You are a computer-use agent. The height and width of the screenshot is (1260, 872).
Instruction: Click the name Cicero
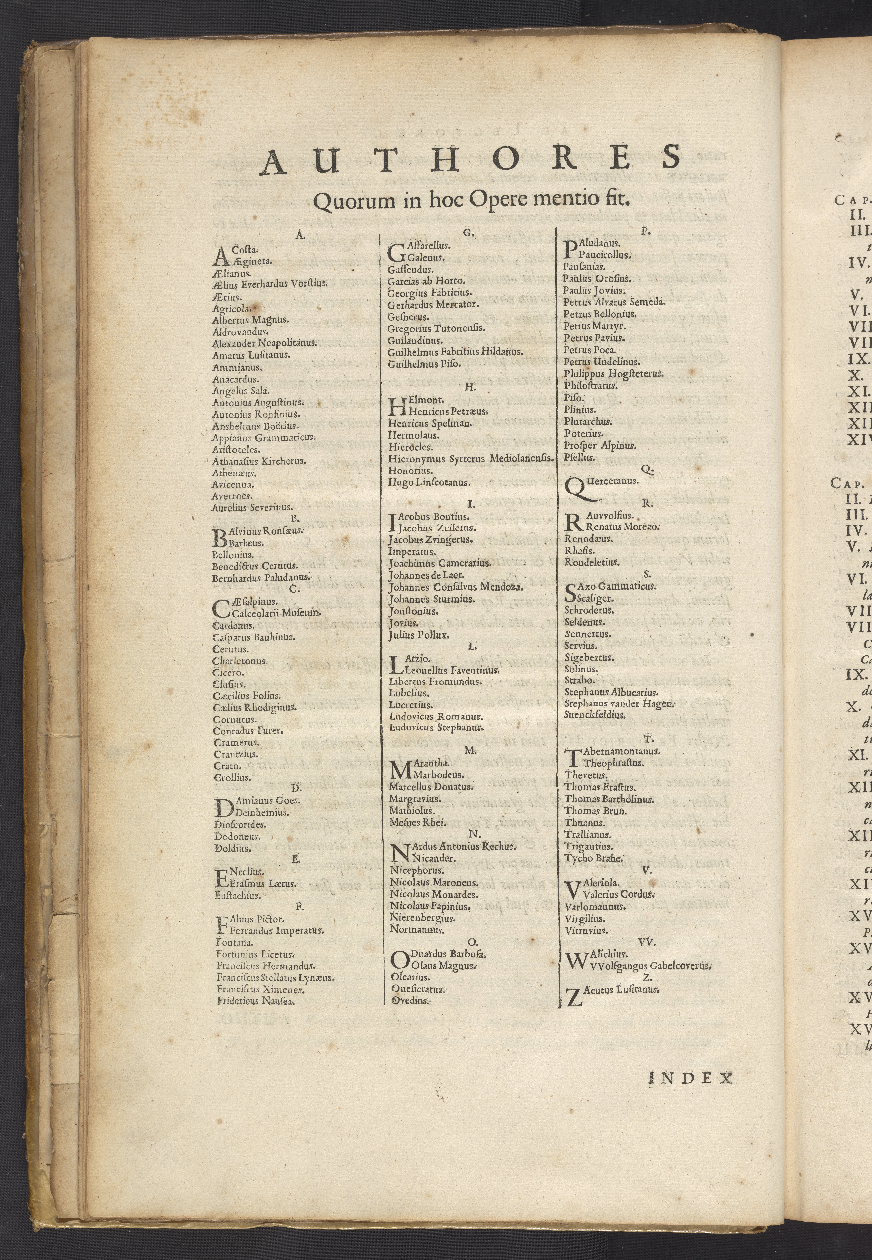(x=228, y=673)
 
